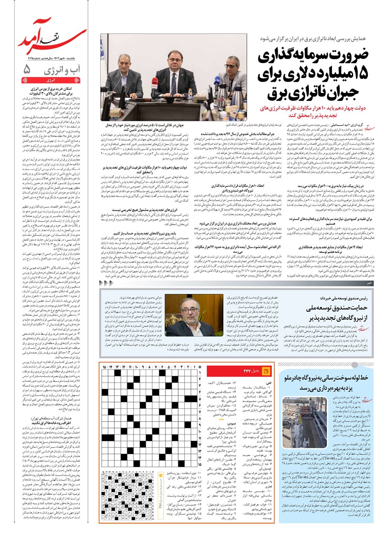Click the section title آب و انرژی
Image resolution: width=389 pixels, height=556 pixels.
[62, 70]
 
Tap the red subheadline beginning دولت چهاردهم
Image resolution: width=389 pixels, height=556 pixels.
[309, 111]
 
